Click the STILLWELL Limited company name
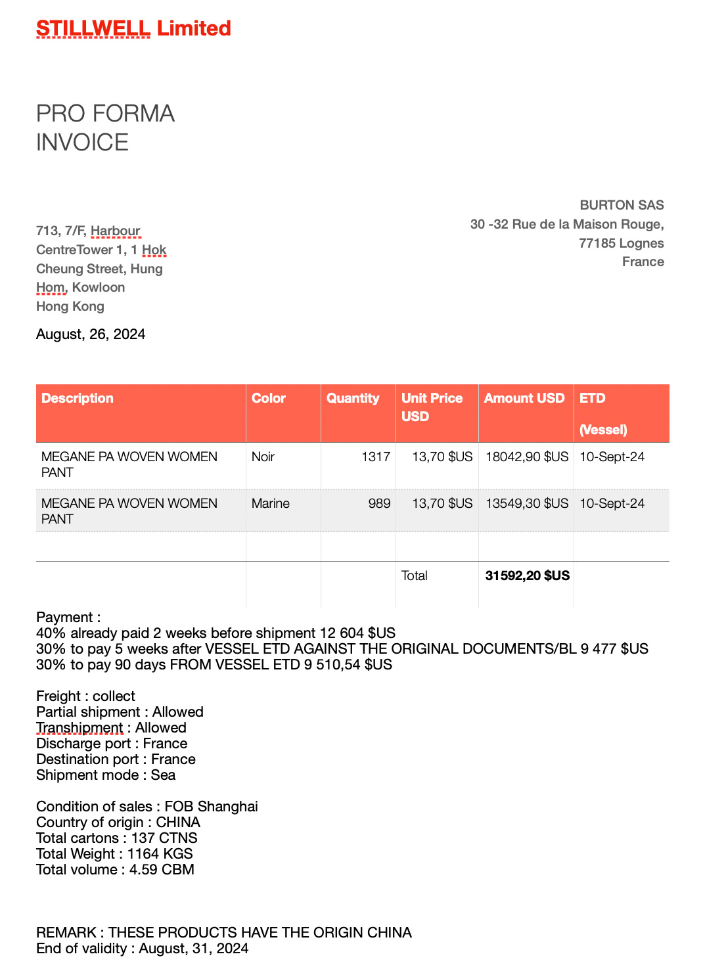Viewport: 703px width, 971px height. [x=133, y=28]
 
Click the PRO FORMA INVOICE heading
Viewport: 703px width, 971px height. [x=105, y=127]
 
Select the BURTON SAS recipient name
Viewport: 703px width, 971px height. [x=622, y=205]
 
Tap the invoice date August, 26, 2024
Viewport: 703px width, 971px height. [x=91, y=334]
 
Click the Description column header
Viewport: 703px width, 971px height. [x=78, y=398]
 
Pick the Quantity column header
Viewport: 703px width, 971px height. [x=353, y=398]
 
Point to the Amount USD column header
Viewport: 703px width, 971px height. [x=524, y=398]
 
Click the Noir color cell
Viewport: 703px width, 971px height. [x=263, y=457]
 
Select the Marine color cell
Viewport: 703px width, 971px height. [x=270, y=503]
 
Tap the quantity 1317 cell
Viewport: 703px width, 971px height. [x=376, y=457]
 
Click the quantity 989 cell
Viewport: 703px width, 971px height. [x=379, y=503]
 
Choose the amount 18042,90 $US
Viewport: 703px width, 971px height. [x=527, y=457]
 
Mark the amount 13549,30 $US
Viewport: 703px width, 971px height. [x=527, y=503]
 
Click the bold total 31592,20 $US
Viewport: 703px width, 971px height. [x=527, y=576]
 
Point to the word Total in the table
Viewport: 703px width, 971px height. [x=414, y=576]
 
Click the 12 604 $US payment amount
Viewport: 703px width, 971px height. [x=357, y=633]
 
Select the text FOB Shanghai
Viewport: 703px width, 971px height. [x=211, y=807]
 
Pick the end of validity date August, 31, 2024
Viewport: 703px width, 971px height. [x=194, y=949]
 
